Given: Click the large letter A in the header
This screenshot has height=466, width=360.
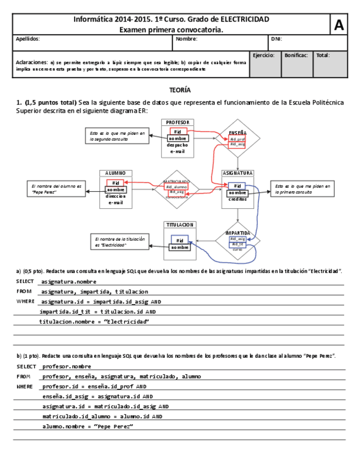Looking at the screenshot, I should pos(339,25).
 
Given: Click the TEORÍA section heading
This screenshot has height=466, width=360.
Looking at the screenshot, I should pos(180,90).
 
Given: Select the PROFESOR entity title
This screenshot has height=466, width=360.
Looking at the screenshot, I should pos(178,122).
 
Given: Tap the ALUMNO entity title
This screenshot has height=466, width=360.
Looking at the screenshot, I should pos(115,173).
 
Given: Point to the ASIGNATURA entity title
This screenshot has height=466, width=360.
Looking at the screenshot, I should pos(237,173).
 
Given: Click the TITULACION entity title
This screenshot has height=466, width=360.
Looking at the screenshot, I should pos(179,224).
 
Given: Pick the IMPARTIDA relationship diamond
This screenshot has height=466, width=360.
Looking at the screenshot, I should pos(237,240).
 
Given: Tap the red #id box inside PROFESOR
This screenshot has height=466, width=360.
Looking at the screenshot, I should pos(178,131).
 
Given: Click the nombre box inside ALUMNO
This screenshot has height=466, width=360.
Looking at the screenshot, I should pos(115,190).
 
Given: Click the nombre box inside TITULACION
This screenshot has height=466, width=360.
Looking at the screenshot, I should pos(179,247).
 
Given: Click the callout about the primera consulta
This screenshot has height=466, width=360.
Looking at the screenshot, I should pos(301,188).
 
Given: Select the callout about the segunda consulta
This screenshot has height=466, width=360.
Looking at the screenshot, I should pos(117,136).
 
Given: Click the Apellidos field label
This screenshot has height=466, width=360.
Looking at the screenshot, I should pos(28,39).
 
